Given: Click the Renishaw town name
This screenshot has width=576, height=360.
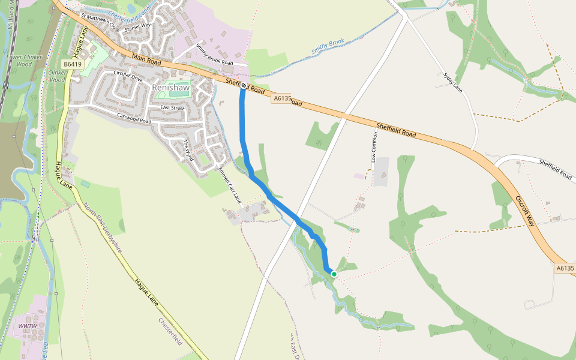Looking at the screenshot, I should [171, 88].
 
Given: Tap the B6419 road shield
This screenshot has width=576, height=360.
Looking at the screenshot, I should [72, 64].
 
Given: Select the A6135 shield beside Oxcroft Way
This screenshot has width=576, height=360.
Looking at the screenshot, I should [565, 269].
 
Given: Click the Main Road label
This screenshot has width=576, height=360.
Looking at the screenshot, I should [146, 59].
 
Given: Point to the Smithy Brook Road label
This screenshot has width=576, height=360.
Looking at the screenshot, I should [214, 54].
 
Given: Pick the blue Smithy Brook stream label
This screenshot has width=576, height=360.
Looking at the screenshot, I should [328, 48].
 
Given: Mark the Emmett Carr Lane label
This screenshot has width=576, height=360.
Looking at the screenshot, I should [229, 185].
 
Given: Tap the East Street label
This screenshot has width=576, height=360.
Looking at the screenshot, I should [172, 108].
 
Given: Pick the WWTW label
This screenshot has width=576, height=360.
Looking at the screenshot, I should [27, 326].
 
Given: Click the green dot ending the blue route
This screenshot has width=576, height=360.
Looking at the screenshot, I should [334, 274].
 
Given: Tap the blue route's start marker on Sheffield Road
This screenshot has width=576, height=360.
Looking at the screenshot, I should [243, 86].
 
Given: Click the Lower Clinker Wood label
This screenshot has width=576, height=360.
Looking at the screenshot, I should [19, 60].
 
